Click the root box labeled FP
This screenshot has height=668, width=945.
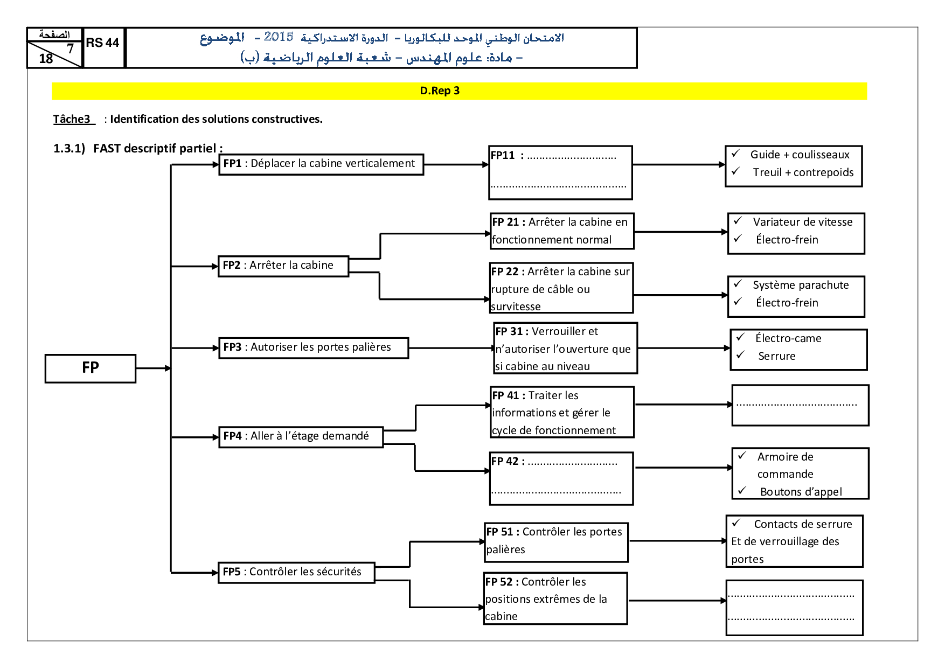(x=91, y=368)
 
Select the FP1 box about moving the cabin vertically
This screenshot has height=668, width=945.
(x=321, y=164)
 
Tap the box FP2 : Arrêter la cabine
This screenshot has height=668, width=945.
(x=283, y=266)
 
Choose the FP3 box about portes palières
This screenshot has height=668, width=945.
(x=314, y=348)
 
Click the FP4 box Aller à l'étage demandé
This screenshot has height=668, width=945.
(x=301, y=437)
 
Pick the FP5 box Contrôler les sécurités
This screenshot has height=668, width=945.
(x=296, y=573)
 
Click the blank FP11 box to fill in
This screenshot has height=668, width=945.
(x=560, y=173)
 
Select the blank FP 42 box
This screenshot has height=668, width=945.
(x=561, y=478)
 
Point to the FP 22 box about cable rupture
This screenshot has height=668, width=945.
(x=561, y=288)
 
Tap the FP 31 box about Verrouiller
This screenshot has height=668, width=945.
(x=566, y=348)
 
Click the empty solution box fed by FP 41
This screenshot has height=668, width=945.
(x=800, y=405)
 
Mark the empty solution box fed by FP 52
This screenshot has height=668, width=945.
(x=794, y=608)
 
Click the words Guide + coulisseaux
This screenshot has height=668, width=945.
(x=800, y=155)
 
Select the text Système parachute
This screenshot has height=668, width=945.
(x=801, y=285)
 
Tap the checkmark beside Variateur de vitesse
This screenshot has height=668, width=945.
(x=738, y=221)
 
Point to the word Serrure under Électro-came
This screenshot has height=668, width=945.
(x=776, y=356)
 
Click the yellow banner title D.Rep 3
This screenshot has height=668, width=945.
(x=440, y=91)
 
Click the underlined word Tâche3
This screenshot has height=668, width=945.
(x=72, y=119)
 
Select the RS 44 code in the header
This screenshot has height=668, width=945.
(x=102, y=43)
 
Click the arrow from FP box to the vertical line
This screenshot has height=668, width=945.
(x=154, y=368)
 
